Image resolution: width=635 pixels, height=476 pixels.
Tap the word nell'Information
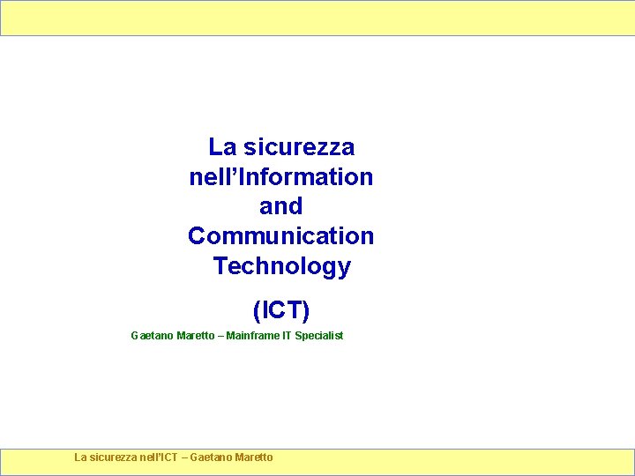pyautogui.click(x=280, y=176)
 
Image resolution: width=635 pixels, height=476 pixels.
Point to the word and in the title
pyautogui.click(x=280, y=206)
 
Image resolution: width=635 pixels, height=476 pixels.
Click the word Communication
pyautogui.click(x=280, y=236)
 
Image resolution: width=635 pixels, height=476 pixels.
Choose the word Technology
pyautogui.click(x=281, y=266)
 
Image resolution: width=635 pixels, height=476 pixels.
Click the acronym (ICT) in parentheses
pyautogui.click(x=280, y=310)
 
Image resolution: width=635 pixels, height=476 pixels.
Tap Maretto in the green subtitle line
pyautogui.click(x=195, y=336)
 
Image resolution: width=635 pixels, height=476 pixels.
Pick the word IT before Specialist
pyautogui.click(x=287, y=336)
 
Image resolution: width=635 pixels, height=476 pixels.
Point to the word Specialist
pyautogui.click(x=319, y=336)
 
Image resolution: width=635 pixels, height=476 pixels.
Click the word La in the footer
pyautogui.click(x=80, y=457)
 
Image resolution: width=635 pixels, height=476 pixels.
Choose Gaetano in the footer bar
pyautogui.click(x=212, y=457)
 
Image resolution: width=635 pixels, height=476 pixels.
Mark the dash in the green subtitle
pyautogui.click(x=220, y=336)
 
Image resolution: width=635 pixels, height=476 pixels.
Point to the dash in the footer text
pyautogui.click(x=184, y=457)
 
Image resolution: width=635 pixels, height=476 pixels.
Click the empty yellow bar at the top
pyautogui.click(x=317, y=18)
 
